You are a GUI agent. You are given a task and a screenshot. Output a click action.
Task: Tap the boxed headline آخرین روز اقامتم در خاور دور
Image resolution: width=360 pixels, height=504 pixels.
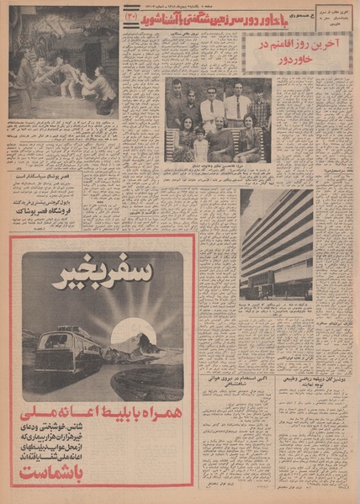pyautogui.click(x=297, y=51)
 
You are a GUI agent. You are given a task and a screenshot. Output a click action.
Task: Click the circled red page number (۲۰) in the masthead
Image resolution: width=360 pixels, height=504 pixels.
pyautogui.click(x=131, y=15)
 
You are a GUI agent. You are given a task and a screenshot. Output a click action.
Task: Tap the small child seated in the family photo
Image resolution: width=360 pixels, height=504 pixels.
pyautogui.click(x=200, y=143)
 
